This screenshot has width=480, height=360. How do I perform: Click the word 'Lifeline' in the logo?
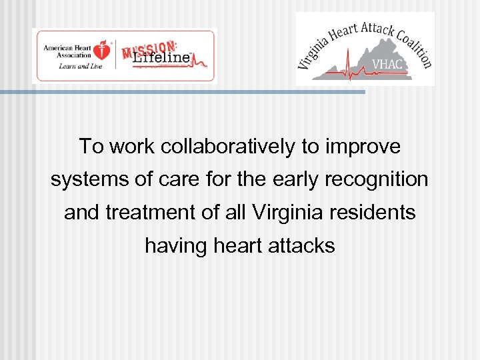tap(162, 59)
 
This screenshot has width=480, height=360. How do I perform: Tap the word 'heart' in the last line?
tap(237, 246)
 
